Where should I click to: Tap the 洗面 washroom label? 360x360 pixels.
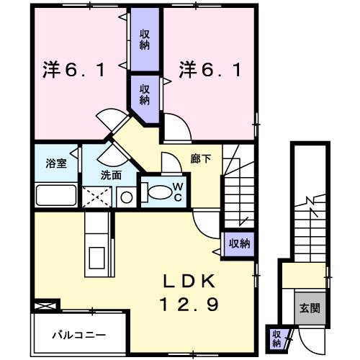[111, 175]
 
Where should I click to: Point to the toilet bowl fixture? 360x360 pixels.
[156, 192]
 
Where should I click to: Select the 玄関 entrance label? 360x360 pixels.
[310, 307]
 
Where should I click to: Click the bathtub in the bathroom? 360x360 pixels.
[55, 195]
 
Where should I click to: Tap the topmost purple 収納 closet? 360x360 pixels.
[145, 40]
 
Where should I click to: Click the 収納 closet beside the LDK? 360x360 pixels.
[238, 243]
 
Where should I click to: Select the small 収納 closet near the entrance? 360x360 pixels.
[276, 338]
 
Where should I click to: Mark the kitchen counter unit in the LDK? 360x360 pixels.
[95, 242]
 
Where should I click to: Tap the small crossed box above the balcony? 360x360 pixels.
[43, 307]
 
